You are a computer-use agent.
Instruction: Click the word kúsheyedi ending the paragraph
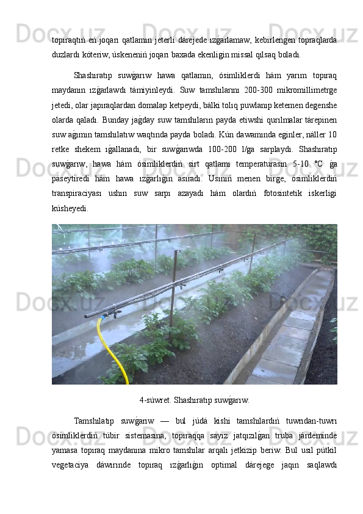point(70,208)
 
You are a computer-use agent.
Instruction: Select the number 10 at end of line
point(332,132)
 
